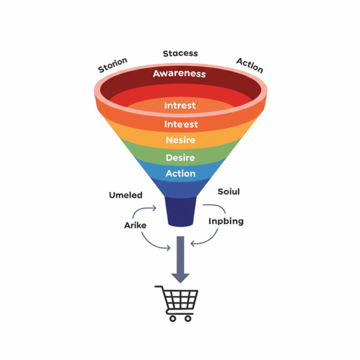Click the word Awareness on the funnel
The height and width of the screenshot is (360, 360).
(x=179, y=74)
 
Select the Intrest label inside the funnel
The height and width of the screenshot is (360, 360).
(x=180, y=105)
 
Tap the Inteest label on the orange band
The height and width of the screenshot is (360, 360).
(x=181, y=124)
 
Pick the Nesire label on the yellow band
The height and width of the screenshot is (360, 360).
(x=181, y=140)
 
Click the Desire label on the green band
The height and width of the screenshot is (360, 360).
(x=181, y=158)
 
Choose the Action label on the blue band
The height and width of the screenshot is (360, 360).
(x=181, y=173)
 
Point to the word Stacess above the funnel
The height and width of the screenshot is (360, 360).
(x=180, y=54)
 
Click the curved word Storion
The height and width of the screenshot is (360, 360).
(x=113, y=65)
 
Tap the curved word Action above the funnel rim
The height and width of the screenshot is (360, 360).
(x=249, y=65)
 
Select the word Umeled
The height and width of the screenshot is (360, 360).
(x=126, y=195)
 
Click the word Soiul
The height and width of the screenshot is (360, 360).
(x=229, y=192)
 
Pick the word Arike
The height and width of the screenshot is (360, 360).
(x=135, y=225)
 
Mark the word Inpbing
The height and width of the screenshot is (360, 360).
(x=226, y=221)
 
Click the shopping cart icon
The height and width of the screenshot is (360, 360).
(x=178, y=301)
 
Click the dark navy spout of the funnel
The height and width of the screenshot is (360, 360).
(x=181, y=212)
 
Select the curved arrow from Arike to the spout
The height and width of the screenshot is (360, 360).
(x=145, y=210)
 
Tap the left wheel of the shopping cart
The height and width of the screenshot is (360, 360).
(x=172, y=318)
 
